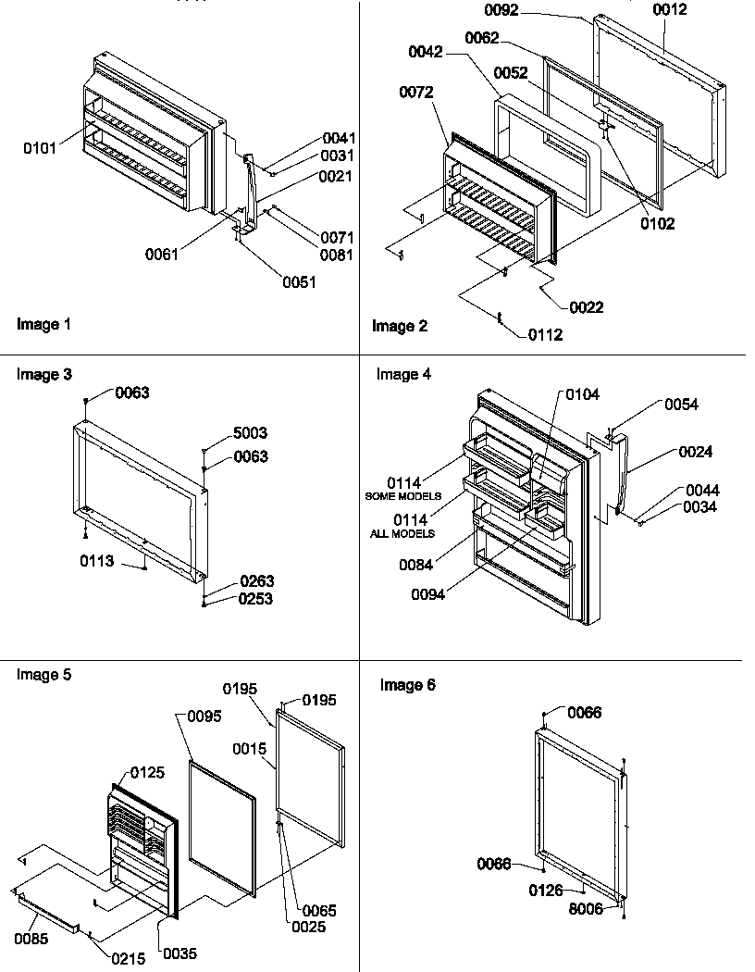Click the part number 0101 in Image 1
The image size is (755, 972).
coord(40,146)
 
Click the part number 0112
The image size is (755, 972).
coord(545,335)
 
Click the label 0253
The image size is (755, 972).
coord(256,599)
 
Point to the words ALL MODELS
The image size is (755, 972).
coord(403,534)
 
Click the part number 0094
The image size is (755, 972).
coord(427,594)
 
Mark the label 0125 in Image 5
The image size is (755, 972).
coord(148,772)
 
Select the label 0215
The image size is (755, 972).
coord(128,959)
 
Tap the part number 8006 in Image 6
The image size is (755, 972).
coord(587,909)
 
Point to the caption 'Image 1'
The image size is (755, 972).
coord(43,324)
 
